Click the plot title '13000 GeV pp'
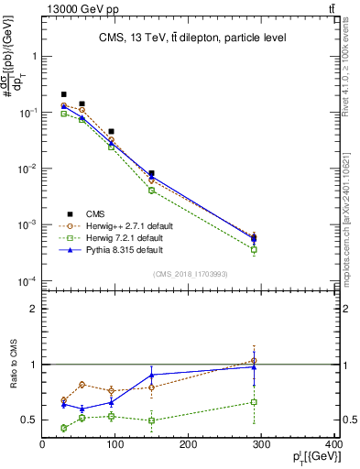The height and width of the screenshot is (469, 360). click(79, 8)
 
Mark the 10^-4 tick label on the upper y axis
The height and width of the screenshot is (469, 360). click(27, 281)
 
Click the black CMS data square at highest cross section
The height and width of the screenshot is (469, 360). click(64, 94)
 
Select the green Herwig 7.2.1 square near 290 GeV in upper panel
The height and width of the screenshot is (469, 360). click(254, 249)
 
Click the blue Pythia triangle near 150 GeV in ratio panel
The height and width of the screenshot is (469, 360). click(152, 375)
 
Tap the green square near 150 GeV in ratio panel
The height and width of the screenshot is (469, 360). click(152, 420)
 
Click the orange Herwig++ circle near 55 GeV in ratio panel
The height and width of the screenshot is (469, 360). click(82, 385)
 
